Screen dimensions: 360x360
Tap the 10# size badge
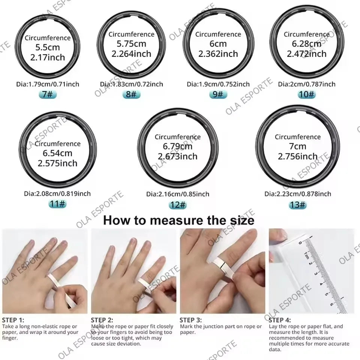click(307, 94)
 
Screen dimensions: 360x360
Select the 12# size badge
click(178, 205)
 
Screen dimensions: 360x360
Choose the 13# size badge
click(298, 205)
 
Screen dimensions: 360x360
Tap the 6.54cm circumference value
click(57, 153)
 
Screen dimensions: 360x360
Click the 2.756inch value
click(298, 156)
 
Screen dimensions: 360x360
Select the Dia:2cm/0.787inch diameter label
click(306, 84)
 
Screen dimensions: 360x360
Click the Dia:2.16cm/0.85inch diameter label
click(178, 194)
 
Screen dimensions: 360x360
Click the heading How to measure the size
click(178, 220)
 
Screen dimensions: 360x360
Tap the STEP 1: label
click(13, 320)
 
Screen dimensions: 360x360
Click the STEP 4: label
click(280, 320)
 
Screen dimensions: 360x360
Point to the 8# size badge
click(131, 94)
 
